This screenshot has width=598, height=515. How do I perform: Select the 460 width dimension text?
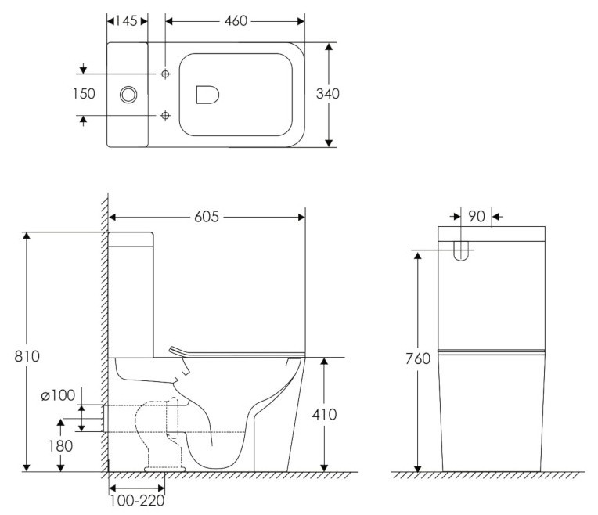pos(231,21)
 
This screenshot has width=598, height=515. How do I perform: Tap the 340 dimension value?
pos(327,94)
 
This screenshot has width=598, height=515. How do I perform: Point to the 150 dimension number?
pos(83,94)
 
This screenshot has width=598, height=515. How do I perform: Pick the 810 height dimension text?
pos(27,355)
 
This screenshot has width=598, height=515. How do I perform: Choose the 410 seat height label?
pos(323,414)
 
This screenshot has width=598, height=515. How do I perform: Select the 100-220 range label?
pos(136,499)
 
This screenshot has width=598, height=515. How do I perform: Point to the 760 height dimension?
pos(419,359)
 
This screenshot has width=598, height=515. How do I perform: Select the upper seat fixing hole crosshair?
pos(165,74)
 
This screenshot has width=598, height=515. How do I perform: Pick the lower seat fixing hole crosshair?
pos(165,116)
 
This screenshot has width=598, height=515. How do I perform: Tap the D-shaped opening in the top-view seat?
pos(206,94)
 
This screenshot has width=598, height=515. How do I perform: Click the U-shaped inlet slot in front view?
pos(461,251)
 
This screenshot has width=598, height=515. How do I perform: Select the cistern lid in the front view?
pos(490,232)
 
